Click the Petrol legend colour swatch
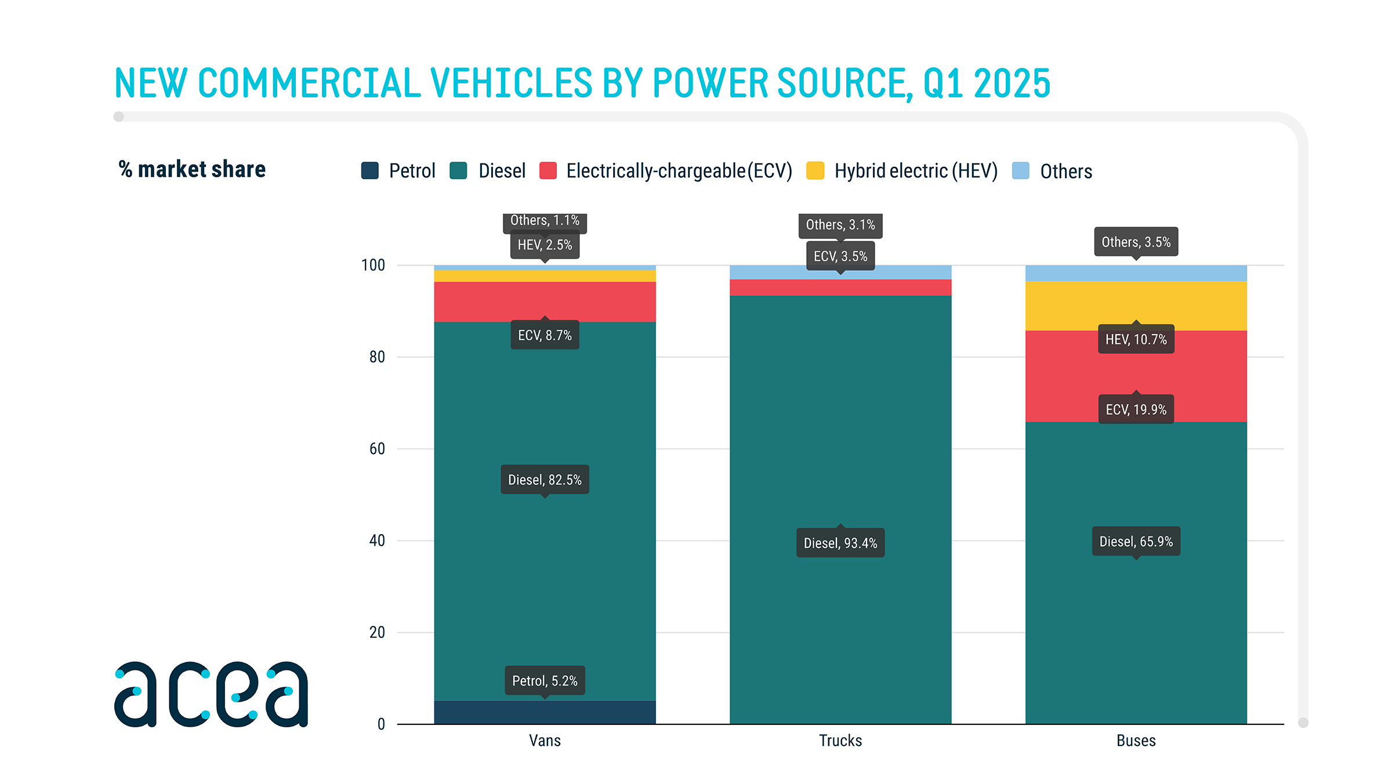tap(369, 171)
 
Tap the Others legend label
tap(1065, 172)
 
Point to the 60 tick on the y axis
tap(377, 449)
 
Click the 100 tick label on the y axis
tap(373, 266)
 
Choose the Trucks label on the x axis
tap(840, 741)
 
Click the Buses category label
tap(1136, 741)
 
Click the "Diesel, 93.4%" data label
tap(840, 543)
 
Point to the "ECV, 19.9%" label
tap(1136, 409)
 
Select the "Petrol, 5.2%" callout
tap(545, 681)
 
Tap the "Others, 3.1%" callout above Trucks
tap(840, 225)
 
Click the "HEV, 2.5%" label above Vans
tap(545, 245)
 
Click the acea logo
tap(211, 694)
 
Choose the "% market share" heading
tap(192, 169)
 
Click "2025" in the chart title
tap(1012, 84)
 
